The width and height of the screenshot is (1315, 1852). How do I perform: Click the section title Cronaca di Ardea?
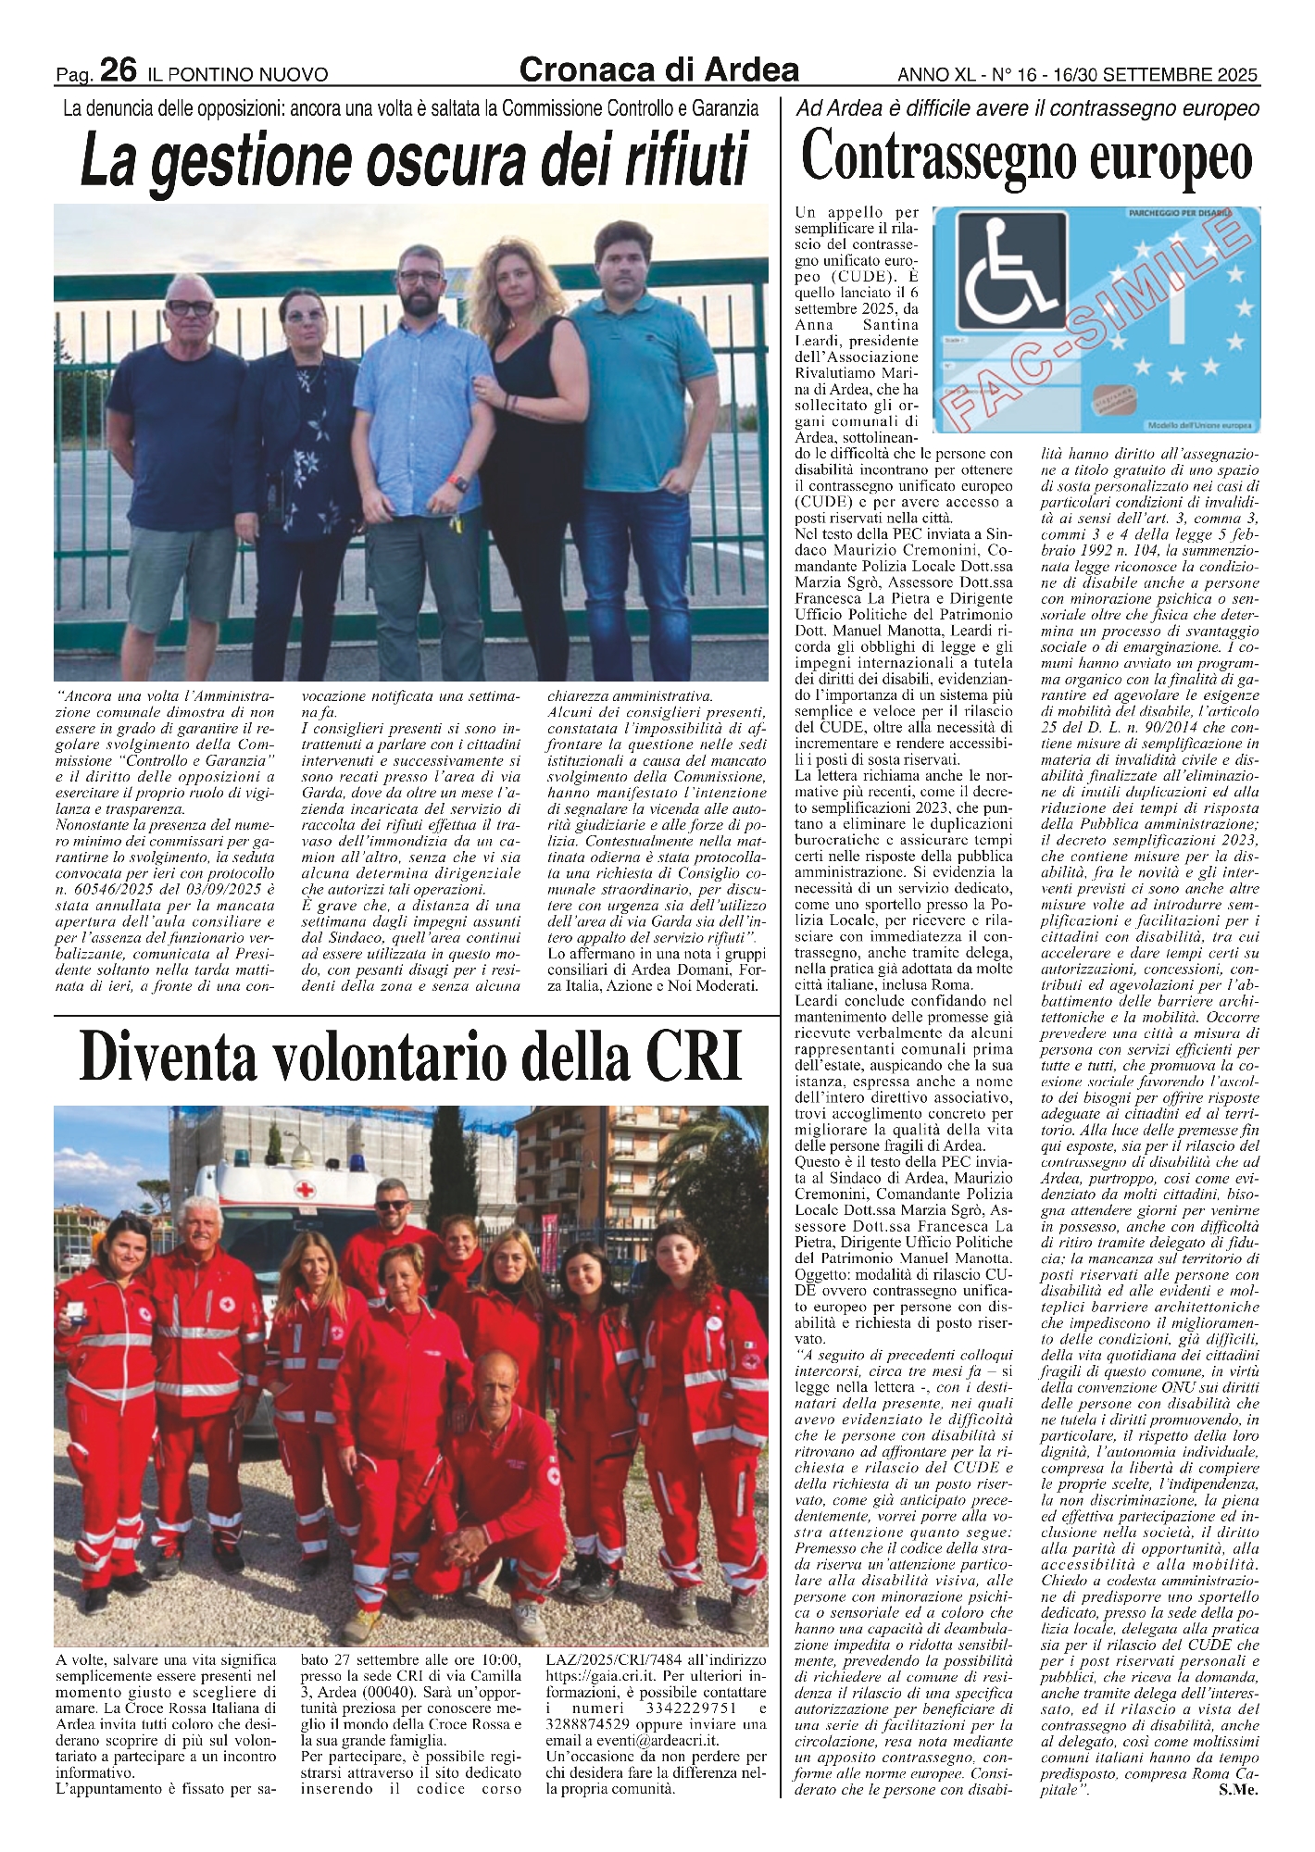659,69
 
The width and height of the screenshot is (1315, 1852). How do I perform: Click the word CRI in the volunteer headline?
694,1057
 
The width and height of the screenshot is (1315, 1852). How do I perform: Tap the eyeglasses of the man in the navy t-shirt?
191,309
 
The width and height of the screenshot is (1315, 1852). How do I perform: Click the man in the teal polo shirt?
626,417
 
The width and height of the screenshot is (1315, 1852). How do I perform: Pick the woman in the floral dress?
301,444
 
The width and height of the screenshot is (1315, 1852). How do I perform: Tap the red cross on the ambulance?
303,1190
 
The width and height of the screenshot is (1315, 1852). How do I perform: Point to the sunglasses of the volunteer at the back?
392,1205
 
